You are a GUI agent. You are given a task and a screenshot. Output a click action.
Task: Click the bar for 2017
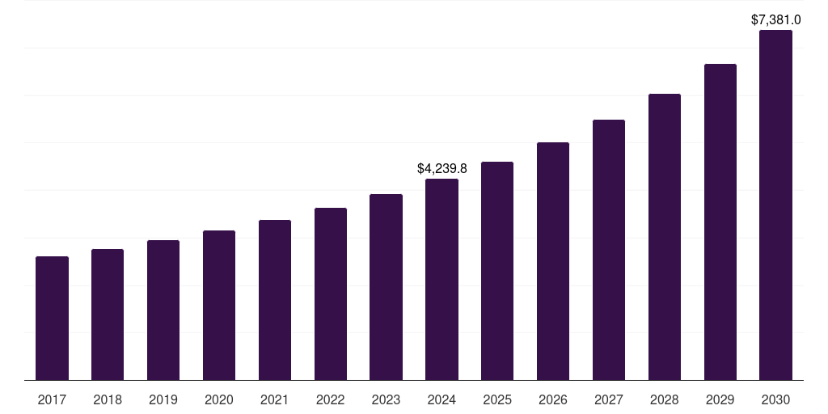52,318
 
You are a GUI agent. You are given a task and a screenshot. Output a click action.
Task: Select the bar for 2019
163,310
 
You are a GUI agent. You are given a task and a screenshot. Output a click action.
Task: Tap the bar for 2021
275,300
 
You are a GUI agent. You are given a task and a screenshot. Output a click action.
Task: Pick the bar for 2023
386,287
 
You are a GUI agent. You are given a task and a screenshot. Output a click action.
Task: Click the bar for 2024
441,279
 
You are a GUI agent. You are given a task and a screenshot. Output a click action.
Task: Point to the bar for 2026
553,261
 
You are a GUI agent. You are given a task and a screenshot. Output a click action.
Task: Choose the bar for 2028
665,237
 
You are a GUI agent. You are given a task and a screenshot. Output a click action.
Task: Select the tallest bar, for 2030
775,205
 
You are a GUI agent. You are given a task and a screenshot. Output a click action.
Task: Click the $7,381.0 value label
775,19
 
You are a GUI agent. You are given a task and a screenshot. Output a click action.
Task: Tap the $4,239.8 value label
441,168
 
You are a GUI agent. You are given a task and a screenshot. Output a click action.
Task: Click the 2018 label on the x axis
108,399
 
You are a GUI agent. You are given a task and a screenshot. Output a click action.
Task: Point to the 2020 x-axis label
219,399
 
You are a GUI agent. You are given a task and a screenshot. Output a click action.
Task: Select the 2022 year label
330,399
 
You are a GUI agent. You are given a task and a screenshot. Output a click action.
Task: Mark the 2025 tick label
497,399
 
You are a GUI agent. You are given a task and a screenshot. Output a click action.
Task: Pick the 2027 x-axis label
609,399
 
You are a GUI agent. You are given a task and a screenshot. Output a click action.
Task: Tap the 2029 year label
720,399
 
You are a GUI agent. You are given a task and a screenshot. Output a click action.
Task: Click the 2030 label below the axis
775,399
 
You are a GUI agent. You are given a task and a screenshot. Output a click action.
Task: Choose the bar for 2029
720,222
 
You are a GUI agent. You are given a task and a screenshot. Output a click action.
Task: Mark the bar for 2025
497,271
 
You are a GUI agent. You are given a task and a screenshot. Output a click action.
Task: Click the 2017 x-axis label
52,399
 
